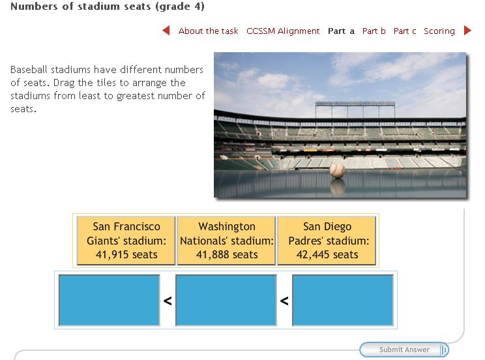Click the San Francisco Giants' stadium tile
point(126,241)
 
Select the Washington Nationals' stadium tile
point(226,241)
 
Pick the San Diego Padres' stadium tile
point(327,241)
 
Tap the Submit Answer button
point(404,350)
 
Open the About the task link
point(208,31)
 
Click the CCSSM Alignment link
point(283,31)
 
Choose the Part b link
point(374,31)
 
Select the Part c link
point(405,31)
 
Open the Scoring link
point(439,31)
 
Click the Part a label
point(341,31)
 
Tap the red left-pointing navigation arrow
point(166,31)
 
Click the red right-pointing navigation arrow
point(467,31)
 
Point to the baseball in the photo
point(337,171)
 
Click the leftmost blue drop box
point(109,300)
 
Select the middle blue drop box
point(226,300)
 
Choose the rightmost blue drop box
point(343,300)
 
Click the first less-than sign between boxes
point(168,301)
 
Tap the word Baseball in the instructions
point(29,70)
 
